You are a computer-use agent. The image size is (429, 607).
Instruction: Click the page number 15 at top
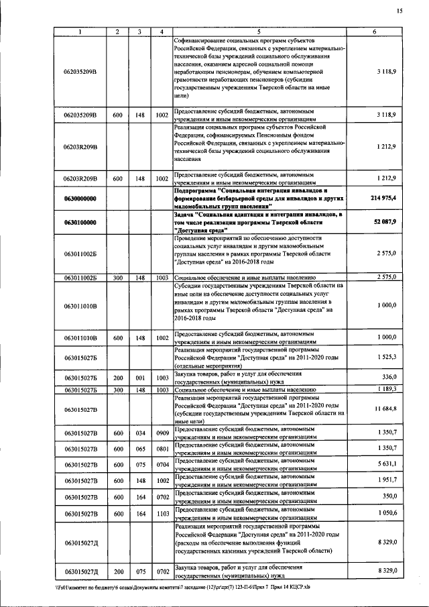pos(400,11)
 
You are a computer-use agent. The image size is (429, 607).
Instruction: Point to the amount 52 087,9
pos(385,221)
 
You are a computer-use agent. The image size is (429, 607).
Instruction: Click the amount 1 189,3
pos(386,389)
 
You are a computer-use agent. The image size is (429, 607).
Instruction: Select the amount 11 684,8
pos(385,408)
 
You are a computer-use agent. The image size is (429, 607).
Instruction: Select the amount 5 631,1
pos(386,464)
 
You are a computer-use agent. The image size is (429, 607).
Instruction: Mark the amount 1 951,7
pos(386,481)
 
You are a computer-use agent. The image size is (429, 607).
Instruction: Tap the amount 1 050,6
pos(386,514)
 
